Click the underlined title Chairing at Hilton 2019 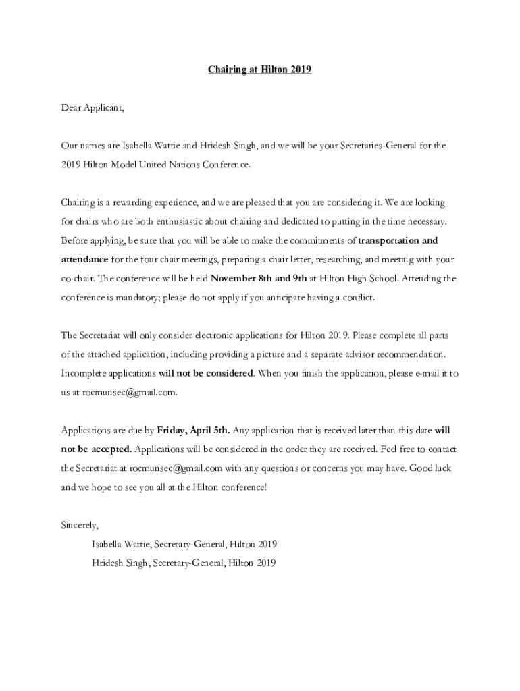coord(259,70)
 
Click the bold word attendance coord(84,259)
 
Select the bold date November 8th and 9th coord(259,278)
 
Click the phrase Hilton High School coord(359,278)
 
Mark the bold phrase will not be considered coord(206,373)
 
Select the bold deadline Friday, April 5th coord(193,430)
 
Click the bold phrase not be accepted coord(97,449)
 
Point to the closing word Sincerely coord(80,525)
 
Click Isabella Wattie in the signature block coord(122,544)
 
